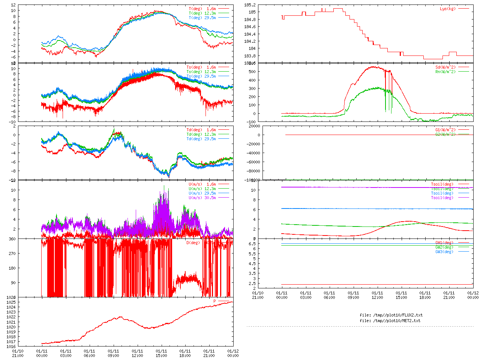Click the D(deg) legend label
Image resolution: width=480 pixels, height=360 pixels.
193,243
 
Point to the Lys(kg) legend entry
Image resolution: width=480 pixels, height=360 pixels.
447,9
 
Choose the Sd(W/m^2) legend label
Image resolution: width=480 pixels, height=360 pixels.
445,67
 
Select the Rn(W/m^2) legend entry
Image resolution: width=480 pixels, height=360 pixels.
445,72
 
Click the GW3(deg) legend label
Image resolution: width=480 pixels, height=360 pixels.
444,252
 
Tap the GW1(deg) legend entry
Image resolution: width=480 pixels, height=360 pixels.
444,243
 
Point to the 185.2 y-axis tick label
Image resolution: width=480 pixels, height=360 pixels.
250,5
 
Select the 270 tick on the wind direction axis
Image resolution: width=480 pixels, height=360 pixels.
12,253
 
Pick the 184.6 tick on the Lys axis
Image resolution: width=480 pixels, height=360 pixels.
250,27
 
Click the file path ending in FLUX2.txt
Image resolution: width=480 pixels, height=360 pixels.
391,315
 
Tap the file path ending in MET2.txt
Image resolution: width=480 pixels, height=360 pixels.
390,321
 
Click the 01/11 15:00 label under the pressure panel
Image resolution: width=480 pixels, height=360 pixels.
161,353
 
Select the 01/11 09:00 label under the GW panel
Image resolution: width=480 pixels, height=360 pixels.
353,295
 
